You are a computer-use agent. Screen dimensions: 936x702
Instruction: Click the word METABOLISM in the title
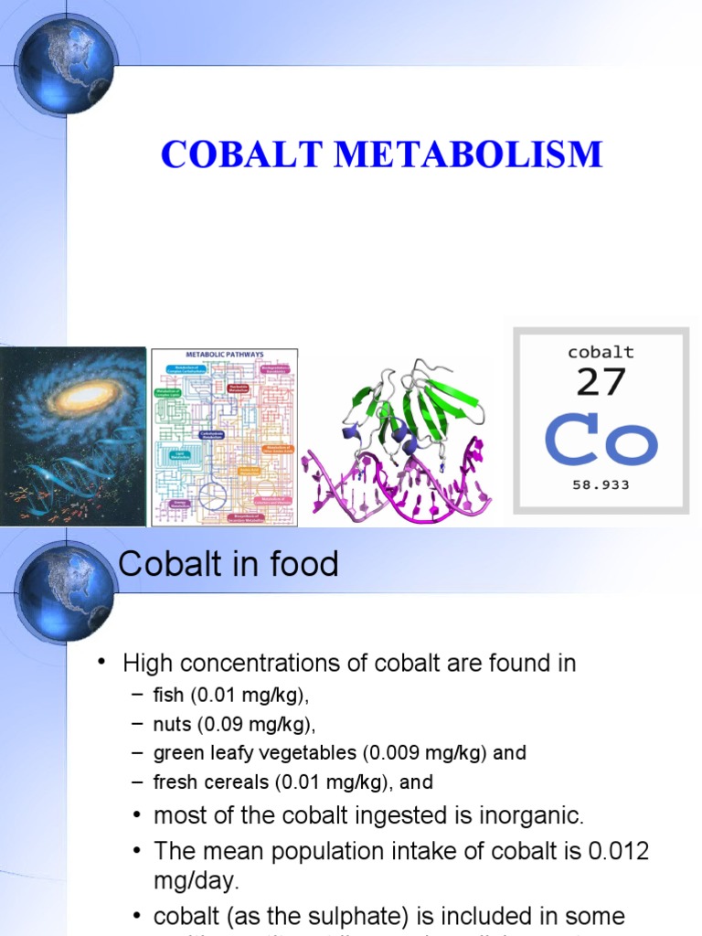468,154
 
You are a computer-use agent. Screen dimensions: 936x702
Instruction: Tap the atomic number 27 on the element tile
601,382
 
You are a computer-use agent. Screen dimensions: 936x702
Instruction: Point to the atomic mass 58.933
601,485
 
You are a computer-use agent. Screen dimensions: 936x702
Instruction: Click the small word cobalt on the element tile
601,352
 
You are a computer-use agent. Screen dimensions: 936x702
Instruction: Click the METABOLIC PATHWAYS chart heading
224,355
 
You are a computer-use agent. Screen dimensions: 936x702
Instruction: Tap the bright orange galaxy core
90,395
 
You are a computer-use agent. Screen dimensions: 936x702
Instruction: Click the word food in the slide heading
303,564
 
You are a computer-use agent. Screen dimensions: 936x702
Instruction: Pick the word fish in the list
168,696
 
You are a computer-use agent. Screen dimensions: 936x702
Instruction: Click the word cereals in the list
227,782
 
